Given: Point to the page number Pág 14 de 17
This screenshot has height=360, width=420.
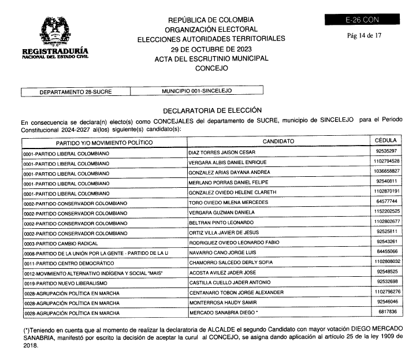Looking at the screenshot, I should (x=363, y=35).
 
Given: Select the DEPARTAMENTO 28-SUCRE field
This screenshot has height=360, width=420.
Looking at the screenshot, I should (x=76, y=91).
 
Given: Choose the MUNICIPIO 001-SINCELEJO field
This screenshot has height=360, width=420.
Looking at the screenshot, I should (x=197, y=91).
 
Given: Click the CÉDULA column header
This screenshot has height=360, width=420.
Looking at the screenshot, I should (x=385, y=140).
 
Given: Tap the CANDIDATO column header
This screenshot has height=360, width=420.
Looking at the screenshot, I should (x=278, y=141).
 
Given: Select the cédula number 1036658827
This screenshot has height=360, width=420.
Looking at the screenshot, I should (x=386, y=172).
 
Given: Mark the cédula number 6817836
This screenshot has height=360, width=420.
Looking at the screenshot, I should (x=386, y=311).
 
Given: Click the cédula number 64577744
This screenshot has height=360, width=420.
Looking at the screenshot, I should (x=386, y=202).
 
